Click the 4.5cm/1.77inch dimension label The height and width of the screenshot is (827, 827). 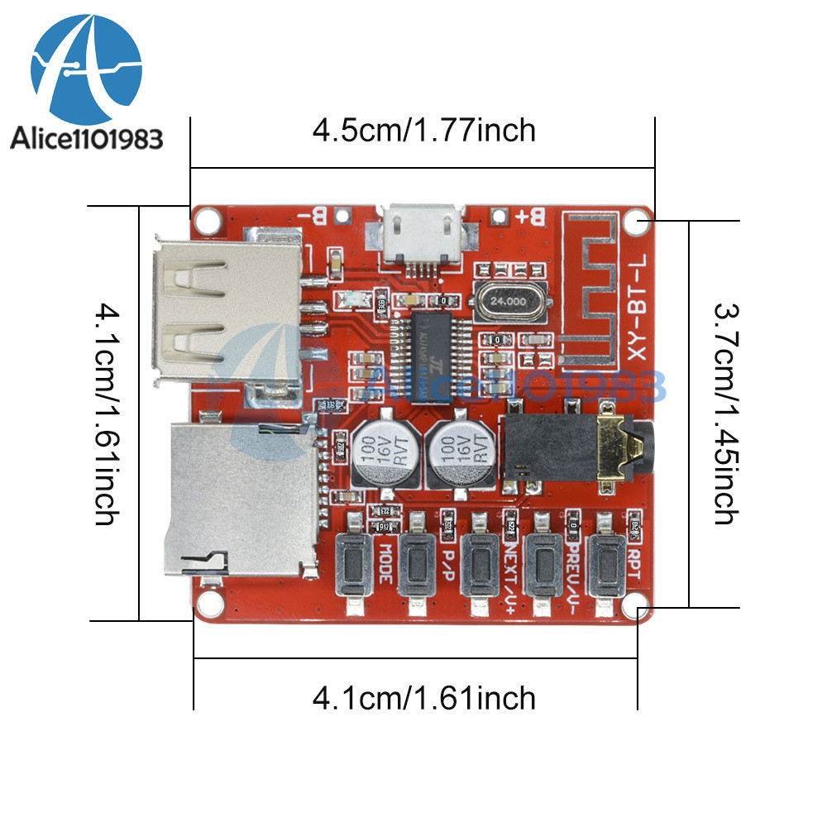pyautogui.click(x=423, y=130)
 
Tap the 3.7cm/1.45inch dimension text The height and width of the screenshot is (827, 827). pyautogui.click(x=724, y=413)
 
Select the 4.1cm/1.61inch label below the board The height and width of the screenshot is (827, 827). pyautogui.click(x=423, y=698)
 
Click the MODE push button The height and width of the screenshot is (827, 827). pyautogui.click(x=356, y=566)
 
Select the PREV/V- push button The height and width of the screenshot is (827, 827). pyautogui.click(x=543, y=566)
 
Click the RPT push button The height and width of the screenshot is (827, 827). pyautogui.click(x=608, y=566)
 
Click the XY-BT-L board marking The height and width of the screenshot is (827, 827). pyautogui.click(x=635, y=305)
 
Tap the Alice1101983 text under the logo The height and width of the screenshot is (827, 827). pyautogui.click(x=86, y=139)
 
